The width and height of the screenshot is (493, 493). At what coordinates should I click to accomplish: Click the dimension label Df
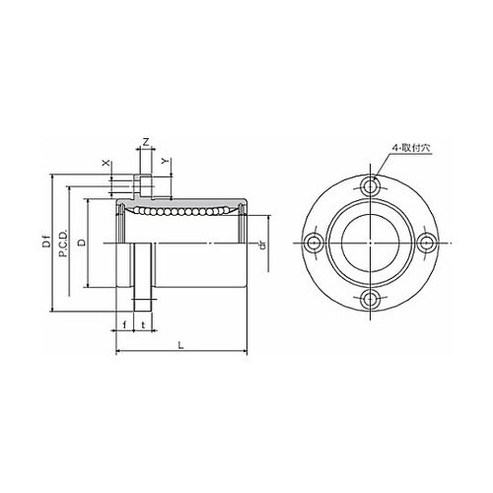(x=47, y=243)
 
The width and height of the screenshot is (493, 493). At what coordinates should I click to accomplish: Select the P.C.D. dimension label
(x=63, y=244)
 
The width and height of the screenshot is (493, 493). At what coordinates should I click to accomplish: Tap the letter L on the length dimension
(x=180, y=345)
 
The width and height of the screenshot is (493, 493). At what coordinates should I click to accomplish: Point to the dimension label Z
(x=146, y=142)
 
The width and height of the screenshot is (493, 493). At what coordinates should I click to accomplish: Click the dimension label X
(x=106, y=164)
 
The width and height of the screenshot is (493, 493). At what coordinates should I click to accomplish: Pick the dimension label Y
(x=166, y=161)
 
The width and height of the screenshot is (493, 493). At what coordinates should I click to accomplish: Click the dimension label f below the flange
(x=124, y=325)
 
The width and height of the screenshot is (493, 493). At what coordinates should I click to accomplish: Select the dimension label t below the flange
(x=143, y=325)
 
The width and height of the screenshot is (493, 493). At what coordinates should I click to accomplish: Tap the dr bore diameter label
(x=262, y=246)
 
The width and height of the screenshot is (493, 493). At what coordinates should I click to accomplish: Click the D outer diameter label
(x=82, y=243)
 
